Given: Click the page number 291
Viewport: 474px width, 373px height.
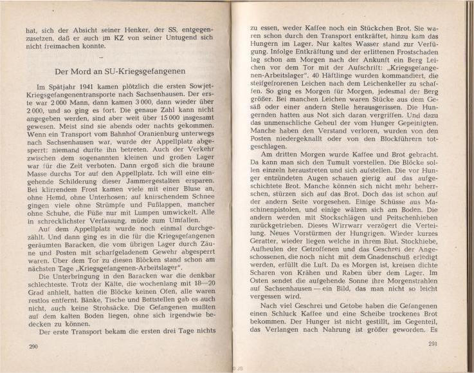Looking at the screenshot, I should tap(432, 343).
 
